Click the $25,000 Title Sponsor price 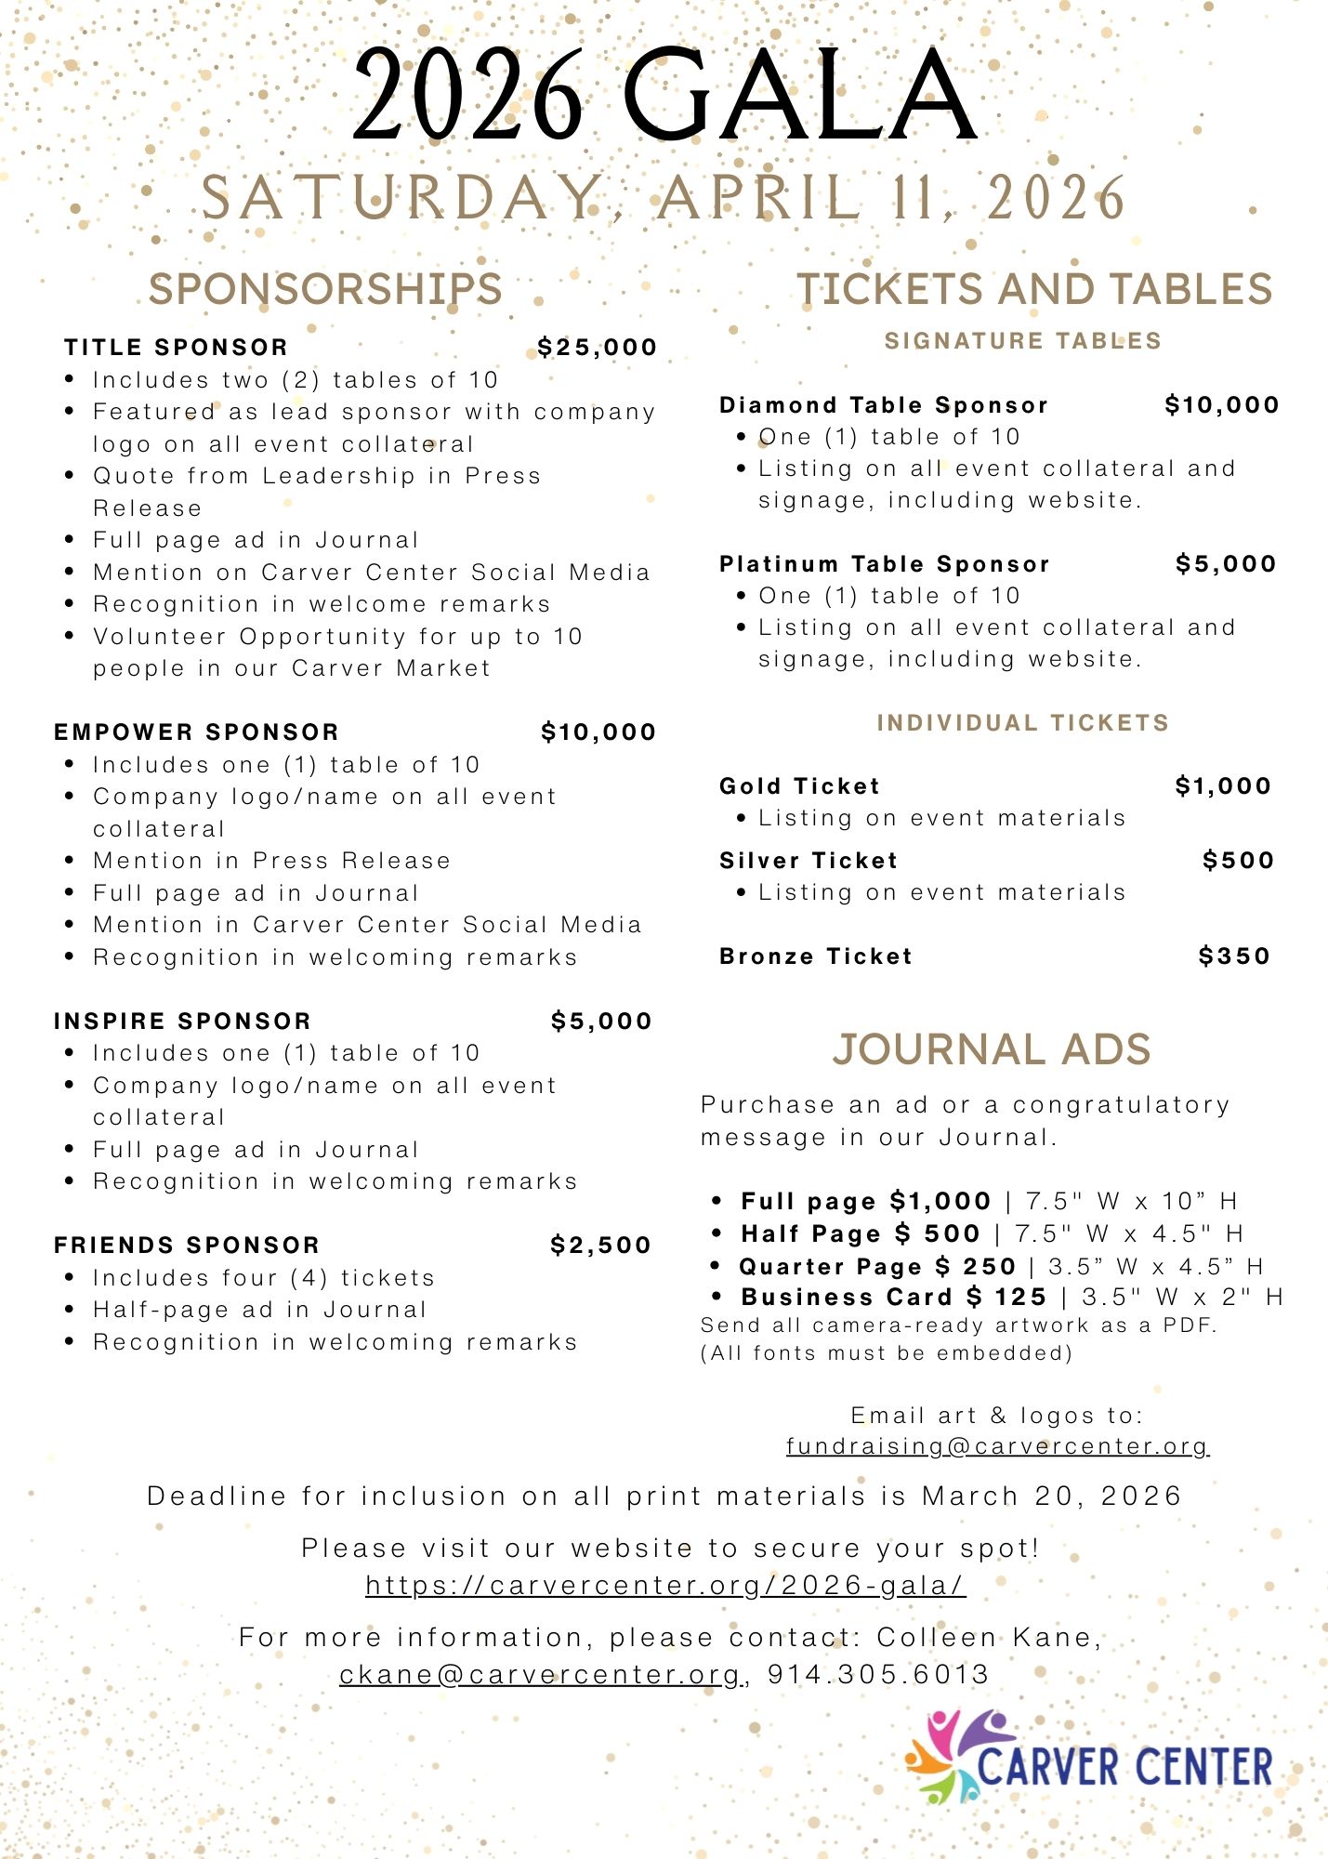coord(597,348)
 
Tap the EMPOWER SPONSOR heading coord(196,732)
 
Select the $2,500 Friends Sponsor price coord(600,1246)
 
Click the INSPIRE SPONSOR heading coord(182,1022)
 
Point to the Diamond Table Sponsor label coord(884,405)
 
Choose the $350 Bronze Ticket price coord(1234,956)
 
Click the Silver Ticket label coord(809,861)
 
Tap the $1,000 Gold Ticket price coord(1223,786)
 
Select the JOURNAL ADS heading coord(991,1049)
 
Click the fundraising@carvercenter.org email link coord(996,1446)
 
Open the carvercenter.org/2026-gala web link coord(665,1586)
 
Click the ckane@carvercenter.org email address coord(540,1675)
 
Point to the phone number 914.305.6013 coord(878,1675)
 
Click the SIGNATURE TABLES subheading coord(1022,341)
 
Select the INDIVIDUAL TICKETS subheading coord(1022,723)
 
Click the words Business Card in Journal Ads coord(847,1298)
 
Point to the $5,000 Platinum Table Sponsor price coord(1226,564)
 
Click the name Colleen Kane coord(988,1638)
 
